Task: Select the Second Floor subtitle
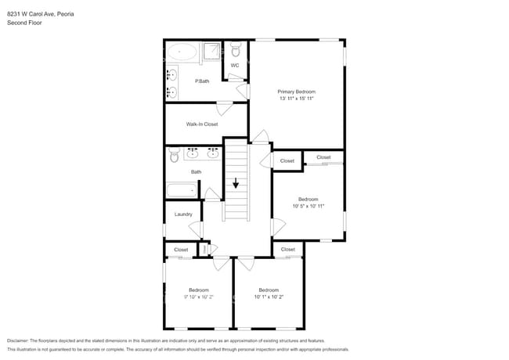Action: pos(24,23)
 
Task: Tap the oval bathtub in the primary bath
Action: pos(182,52)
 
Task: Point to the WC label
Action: pos(234,65)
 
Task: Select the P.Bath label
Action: pos(202,81)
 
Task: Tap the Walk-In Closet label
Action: pos(201,124)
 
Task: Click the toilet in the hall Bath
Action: pos(174,157)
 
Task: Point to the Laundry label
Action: pos(183,214)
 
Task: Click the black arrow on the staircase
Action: pos(236,184)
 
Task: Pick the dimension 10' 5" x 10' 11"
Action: pos(308,206)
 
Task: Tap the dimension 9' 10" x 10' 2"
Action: pos(198,297)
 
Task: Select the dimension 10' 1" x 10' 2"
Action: pos(269,297)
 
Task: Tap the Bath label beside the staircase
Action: pos(196,172)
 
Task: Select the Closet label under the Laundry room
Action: pos(181,250)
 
